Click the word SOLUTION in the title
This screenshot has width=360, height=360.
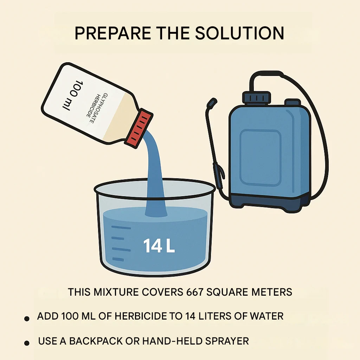coord(239,33)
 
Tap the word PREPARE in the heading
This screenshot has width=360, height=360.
coord(113,33)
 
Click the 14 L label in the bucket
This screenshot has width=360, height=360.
coord(159,246)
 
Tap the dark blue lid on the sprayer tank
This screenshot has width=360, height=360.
coord(257,97)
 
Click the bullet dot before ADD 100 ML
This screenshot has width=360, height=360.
coord(27,319)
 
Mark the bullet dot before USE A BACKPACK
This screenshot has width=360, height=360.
coord(27,343)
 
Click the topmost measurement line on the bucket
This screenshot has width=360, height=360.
coord(121,227)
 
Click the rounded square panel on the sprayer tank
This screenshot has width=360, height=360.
coord(261,157)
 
